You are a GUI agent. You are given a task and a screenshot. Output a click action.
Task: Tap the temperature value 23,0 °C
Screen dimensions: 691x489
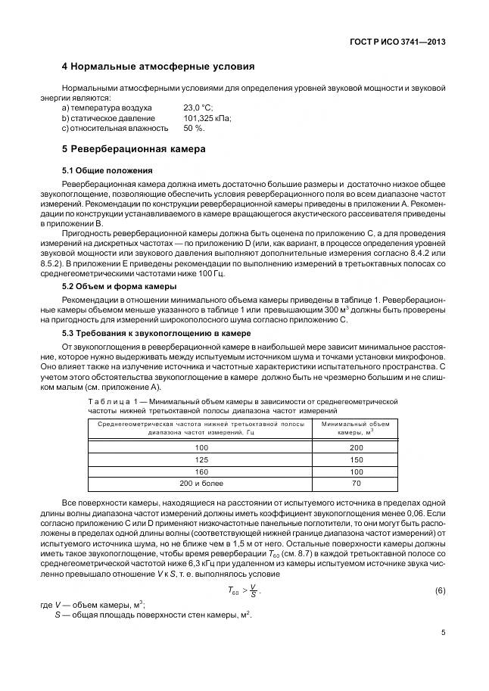coord(198,108)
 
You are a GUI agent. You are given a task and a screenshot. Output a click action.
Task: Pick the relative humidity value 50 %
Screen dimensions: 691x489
coord(195,129)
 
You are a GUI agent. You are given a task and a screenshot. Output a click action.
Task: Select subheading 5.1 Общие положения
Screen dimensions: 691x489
coord(107,170)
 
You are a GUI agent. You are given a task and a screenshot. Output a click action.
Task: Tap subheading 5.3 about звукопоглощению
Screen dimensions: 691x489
coord(151,334)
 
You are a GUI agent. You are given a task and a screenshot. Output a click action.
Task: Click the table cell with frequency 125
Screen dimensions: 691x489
coord(201,459)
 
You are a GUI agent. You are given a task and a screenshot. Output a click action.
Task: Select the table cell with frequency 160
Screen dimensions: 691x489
coord(201,471)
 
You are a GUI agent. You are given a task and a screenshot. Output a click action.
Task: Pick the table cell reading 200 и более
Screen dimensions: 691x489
coord(201,482)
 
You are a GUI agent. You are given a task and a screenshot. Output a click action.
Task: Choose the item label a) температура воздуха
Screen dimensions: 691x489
coord(107,108)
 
